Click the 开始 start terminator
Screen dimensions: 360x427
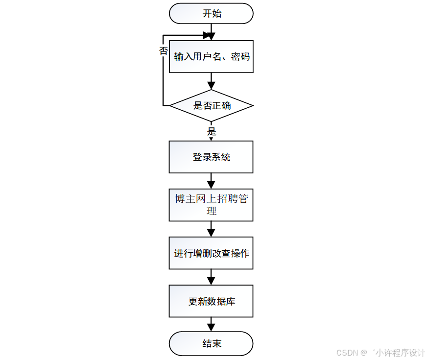coord(211,14)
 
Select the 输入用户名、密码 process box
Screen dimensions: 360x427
coord(211,57)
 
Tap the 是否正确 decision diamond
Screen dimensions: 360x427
coord(211,106)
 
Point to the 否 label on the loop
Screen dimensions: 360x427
coord(164,50)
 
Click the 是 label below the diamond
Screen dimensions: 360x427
coord(212,131)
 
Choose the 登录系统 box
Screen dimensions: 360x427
coord(211,157)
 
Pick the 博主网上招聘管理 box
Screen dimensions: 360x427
coord(211,205)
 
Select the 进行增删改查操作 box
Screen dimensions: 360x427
coord(211,253)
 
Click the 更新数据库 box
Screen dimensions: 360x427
coord(211,301)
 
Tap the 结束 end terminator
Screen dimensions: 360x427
coord(211,343)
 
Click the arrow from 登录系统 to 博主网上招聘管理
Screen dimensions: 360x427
coord(211,181)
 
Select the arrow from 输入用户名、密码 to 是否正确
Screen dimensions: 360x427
coord(211,81)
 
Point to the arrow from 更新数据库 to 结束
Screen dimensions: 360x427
coord(211,324)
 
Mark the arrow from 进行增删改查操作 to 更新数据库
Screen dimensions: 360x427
coord(211,277)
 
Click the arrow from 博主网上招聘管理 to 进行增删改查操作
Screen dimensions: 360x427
coord(211,229)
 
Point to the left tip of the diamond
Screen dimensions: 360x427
coord(170,106)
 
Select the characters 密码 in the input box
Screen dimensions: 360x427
coord(240,57)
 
